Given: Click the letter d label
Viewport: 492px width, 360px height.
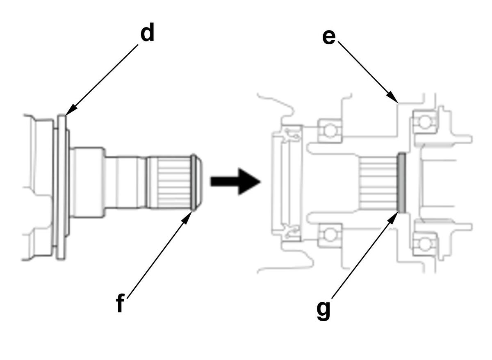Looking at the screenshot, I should (147, 34).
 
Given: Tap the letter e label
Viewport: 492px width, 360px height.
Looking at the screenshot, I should (329, 37).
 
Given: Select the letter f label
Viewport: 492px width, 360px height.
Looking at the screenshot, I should (120, 303).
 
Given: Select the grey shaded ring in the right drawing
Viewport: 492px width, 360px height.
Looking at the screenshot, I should (402, 183).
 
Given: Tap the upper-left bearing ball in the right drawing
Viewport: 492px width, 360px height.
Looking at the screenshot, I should (330, 130).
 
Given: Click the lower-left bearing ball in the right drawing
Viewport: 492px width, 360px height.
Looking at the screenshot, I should (330, 235).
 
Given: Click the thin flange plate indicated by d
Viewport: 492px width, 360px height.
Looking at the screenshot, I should (61, 187).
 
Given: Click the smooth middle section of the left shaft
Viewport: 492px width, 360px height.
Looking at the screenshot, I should (125, 182).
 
